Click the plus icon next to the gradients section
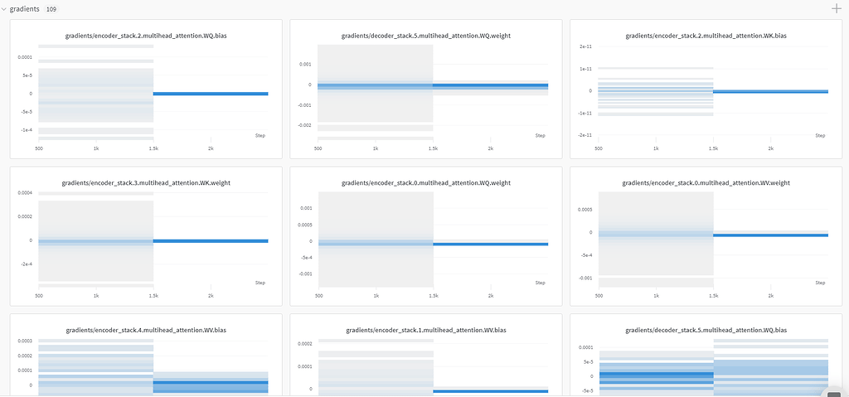[836, 8]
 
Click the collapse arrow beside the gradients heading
[3, 8]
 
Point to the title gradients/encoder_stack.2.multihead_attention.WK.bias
[706, 36]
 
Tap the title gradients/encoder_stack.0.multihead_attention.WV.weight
[706, 182]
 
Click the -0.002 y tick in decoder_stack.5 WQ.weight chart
[305, 125]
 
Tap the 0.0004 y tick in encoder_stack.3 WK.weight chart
[24, 193]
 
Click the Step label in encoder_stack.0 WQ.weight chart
[540, 283]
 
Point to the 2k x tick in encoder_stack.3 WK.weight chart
[211, 296]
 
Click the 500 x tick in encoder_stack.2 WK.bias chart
[599, 148]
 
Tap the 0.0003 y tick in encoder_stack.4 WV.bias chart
[24, 341]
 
